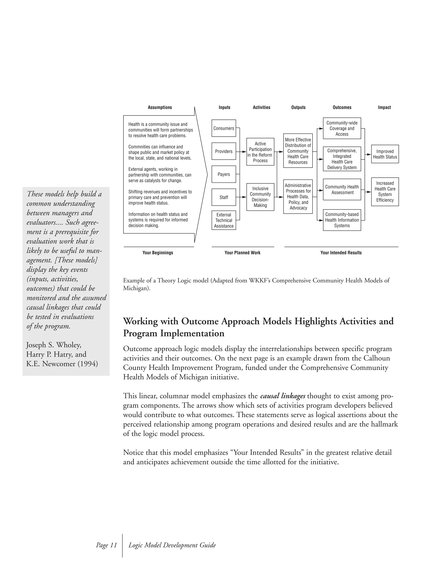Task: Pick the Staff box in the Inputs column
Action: tap(224, 197)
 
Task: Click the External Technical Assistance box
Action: tap(224, 220)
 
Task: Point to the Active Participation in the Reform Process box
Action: tap(260, 152)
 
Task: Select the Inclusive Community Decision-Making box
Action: tap(260, 197)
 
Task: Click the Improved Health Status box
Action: tap(385, 154)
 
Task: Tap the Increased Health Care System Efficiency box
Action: tap(385, 192)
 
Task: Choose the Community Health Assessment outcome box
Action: tap(342, 189)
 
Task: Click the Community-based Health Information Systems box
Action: tap(342, 220)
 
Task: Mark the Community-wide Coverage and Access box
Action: tap(342, 128)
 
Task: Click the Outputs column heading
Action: tap(298, 107)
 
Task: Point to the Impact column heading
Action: tap(384, 107)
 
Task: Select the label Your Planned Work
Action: tap(242, 253)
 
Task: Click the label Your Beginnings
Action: tap(158, 253)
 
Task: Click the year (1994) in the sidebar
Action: tap(88, 364)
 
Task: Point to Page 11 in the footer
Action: tap(106, 545)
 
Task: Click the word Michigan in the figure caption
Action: tap(135, 288)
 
